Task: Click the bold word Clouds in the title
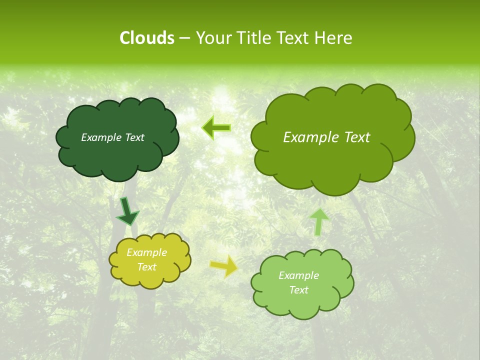[146, 38]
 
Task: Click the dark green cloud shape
[117, 160]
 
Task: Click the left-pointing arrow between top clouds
[216, 128]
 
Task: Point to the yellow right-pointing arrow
[223, 266]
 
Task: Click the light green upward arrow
[319, 221]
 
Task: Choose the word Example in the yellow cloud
[146, 252]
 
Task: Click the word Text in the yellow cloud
[146, 267]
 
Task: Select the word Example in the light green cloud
[298, 275]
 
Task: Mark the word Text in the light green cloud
[298, 290]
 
